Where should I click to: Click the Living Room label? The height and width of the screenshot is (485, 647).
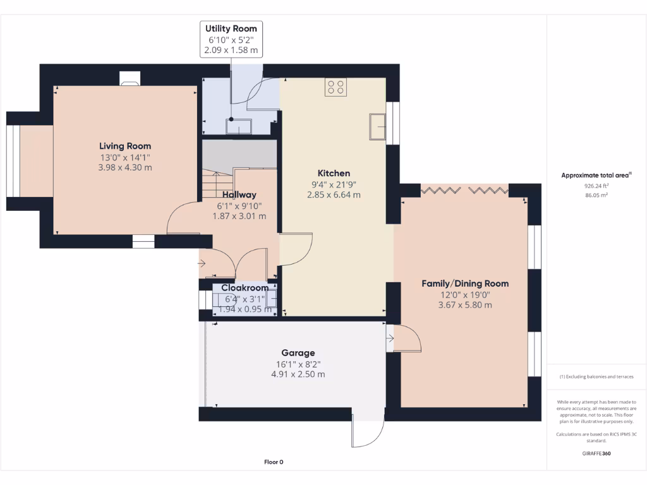point(125,146)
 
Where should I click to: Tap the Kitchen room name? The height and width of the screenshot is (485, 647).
point(334,173)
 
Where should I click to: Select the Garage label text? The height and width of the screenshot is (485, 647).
point(298,353)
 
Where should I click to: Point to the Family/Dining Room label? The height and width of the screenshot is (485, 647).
point(465,284)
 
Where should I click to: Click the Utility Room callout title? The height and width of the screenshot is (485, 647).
point(231,28)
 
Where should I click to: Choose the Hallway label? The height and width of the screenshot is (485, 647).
point(239,195)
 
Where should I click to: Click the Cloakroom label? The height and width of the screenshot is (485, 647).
point(245,288)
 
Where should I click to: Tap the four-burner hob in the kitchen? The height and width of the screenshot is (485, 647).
point(336,87)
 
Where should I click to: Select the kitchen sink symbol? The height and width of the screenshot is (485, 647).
point(378,126)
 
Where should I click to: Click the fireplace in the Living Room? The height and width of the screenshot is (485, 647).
point(130,78)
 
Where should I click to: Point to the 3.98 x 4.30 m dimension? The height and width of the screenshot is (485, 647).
point(125,167)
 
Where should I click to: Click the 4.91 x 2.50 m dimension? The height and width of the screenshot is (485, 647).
point(298,374)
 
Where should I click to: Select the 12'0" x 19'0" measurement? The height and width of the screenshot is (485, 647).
point(465,294)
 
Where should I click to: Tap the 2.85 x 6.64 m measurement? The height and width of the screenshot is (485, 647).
point(334,195)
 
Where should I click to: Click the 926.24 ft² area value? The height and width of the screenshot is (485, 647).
point(596,186)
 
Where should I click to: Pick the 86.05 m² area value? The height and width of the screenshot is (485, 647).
point(596,196)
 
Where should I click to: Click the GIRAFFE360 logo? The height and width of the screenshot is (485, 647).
point(596,453)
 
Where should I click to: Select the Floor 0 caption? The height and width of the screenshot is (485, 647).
point(274,462)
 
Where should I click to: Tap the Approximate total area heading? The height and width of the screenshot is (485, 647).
point(596,176)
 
